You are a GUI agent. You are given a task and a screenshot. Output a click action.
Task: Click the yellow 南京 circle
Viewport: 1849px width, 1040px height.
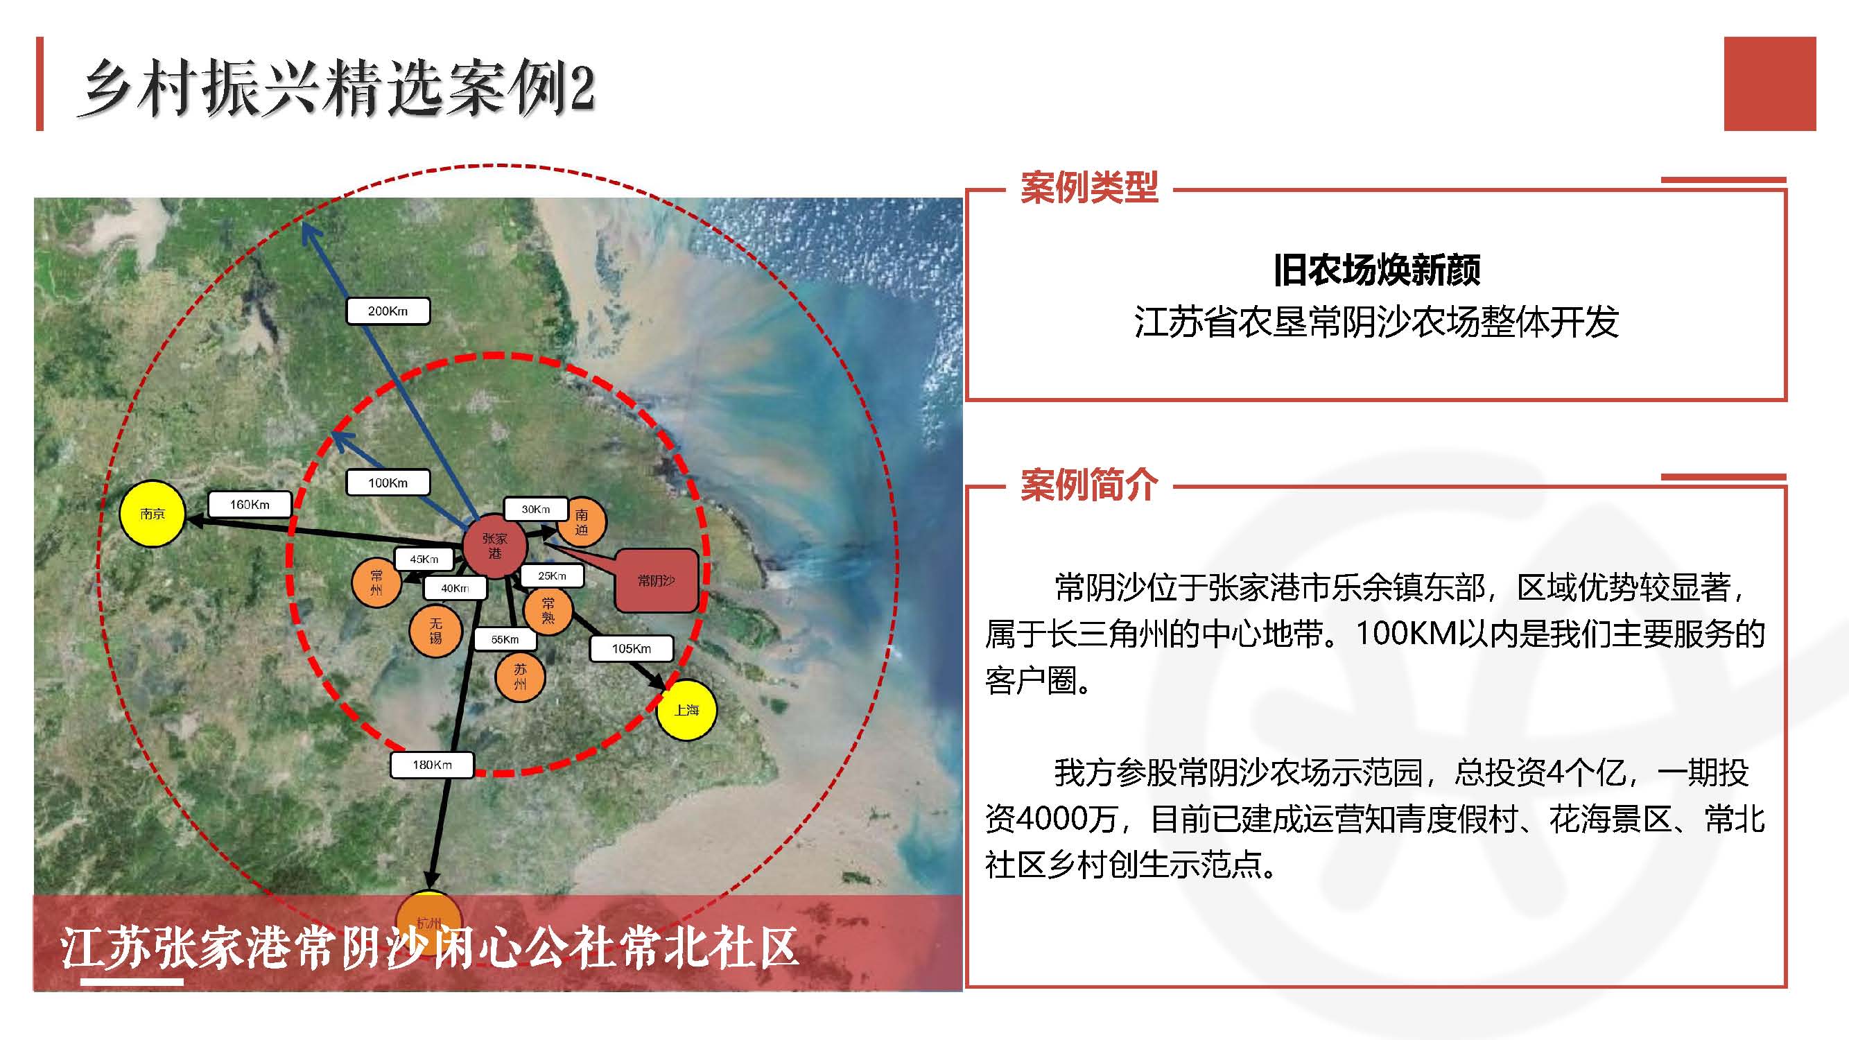coord(152,513)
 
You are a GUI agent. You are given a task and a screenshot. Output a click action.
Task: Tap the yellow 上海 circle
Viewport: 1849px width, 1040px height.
coord(686,709)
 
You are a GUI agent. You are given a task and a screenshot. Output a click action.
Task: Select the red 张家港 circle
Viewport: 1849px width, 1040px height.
coord(494,546)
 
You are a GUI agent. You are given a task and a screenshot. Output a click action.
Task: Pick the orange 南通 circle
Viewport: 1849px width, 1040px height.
coord(582,522)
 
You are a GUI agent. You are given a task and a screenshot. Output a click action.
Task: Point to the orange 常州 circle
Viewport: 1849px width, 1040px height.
coord(376,582)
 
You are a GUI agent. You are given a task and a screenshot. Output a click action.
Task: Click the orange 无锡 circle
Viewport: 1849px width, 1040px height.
coord(435,630)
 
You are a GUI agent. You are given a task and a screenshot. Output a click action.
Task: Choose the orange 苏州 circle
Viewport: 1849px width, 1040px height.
coord(520,676)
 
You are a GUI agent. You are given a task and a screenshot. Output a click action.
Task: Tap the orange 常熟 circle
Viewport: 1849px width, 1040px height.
coord(548,610)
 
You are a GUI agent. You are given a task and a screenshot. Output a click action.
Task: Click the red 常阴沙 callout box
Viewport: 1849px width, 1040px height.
coord(656,580)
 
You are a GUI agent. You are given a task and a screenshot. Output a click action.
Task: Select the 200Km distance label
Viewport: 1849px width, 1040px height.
coord(388,311)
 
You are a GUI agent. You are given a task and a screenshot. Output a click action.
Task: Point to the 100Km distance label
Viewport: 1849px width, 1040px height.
coord(388,483)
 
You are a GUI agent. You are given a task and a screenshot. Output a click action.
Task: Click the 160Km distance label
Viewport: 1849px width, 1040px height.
coord(249,504)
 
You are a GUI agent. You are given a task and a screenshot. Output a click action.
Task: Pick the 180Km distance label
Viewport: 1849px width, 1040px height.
coord(431,764)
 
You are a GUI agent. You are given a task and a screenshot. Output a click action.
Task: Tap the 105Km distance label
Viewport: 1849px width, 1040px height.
coord(631,648)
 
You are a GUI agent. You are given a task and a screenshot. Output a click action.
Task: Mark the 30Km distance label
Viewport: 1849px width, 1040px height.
coord(535,509)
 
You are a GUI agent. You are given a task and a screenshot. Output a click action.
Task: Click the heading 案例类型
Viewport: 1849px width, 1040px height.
coord(1089,188)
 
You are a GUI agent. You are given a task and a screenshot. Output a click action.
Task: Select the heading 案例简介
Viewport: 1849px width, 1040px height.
coord(1089,485)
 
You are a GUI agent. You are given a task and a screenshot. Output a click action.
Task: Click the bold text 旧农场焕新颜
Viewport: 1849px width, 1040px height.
coord(1376,270)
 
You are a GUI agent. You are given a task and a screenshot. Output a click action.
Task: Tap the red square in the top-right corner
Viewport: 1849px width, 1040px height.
coord(1769,83)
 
